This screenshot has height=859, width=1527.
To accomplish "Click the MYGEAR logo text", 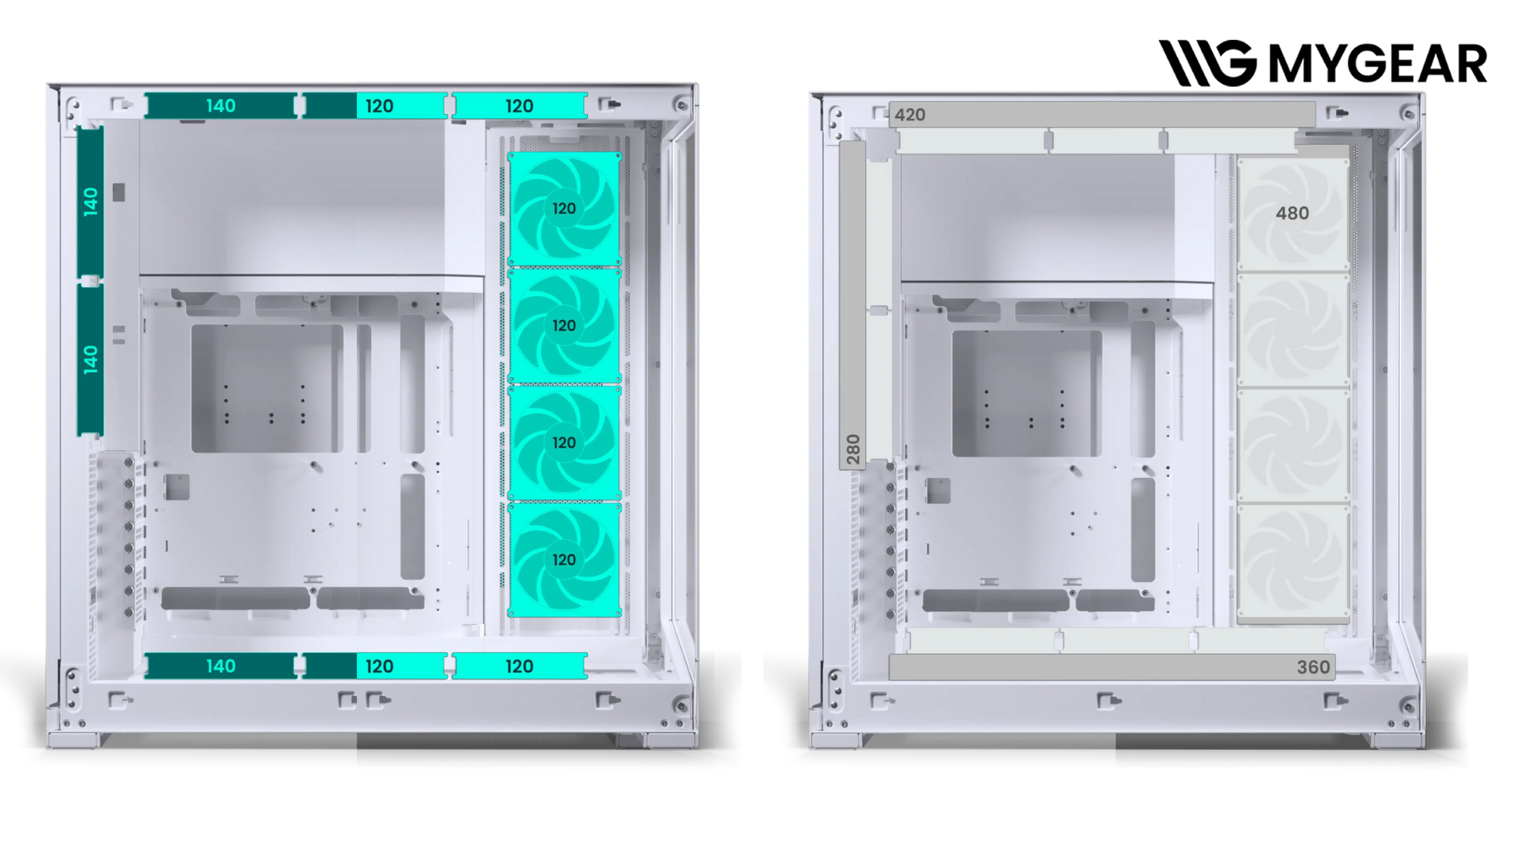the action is pyautogui.click(x=1377, y=64).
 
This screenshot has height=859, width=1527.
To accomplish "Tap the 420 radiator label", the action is pyautogui.click(x=910, y=115).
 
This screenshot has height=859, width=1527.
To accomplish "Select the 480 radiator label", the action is pyautogui.click(x=1292, y=213).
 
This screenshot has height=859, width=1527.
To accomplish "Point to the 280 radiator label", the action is pyautogui.click(x=853, y=449).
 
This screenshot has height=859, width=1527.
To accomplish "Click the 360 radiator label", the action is pyautogui.click(x=1313, y=667).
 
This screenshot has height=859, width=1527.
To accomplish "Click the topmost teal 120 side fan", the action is pyautogui.click(x=564, y=208).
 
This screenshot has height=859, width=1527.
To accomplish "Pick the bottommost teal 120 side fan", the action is pyautogui.click(x=564, y=560).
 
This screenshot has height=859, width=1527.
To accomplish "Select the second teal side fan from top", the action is pyautogui.click(x=564, y=325).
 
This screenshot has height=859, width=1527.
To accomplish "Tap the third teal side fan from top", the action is pyautogui.click(x=564, y=442).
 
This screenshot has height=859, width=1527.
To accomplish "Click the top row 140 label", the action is pyautogui.click(x=220, y=106).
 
